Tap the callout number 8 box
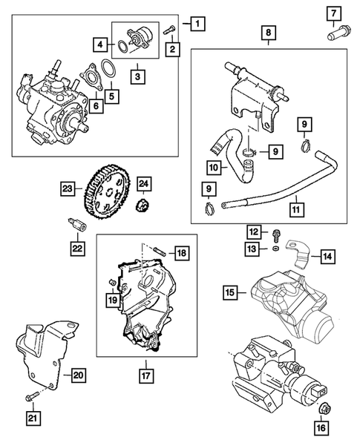tap(269, 33)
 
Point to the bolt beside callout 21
tap(31, 399)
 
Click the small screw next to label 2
tap(170, 30)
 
